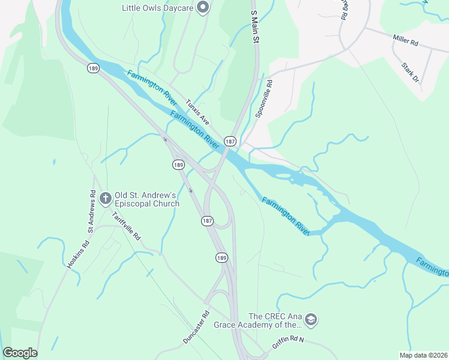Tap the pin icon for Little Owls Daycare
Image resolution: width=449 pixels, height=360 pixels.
pos(203,8)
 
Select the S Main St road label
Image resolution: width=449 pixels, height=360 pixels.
pos(254,27)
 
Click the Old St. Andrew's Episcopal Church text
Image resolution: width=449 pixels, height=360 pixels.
pos(146,199)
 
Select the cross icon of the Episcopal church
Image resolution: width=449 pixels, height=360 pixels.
pos(106,198)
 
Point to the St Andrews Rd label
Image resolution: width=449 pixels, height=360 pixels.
pos(92,211)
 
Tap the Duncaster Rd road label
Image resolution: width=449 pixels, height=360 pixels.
pos(196,326)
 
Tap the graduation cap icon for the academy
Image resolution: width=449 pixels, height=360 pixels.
pos(310,319)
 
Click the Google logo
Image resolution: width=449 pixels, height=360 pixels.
pos(20,353)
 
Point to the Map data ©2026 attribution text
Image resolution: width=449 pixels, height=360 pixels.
pos(423,355)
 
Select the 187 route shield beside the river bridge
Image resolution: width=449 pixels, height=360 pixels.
pos(229,140)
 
